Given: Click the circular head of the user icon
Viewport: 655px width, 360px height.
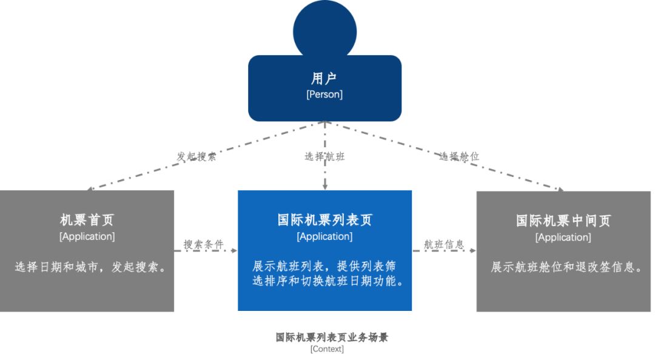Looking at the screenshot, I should (324, 30).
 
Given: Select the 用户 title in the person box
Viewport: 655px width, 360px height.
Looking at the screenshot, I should (324, 78).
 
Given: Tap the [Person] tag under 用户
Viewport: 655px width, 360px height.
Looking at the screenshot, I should (324, 95).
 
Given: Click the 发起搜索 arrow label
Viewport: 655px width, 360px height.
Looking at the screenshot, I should (196, 156).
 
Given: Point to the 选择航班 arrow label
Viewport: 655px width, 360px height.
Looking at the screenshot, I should (324, 156).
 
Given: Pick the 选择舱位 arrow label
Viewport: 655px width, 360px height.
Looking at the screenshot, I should (460, 156).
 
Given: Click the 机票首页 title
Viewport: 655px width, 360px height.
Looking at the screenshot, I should (87, 220).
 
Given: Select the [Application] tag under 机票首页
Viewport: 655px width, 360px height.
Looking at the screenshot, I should (87, 236).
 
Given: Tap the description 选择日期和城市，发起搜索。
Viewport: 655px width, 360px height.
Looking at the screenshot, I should (90, 267).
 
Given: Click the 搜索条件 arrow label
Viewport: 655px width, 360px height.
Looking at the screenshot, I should (204, 245).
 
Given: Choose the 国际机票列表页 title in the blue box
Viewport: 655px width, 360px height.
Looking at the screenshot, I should (324, 220).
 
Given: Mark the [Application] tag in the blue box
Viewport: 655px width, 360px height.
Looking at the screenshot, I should (324, 236).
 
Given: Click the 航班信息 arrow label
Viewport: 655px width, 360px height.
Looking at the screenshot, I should (444, 245).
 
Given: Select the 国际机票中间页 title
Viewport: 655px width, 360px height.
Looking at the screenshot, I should (563, 221).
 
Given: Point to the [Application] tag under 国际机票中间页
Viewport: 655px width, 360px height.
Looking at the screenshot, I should (563, 238).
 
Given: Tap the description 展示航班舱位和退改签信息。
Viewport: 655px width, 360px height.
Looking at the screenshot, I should (566, 267).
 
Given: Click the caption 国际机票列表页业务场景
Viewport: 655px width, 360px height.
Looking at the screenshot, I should (332, 338).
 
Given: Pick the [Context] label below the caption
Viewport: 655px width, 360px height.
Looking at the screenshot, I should (327, 349).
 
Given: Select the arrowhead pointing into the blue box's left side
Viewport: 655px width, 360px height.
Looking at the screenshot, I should (234, 250).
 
